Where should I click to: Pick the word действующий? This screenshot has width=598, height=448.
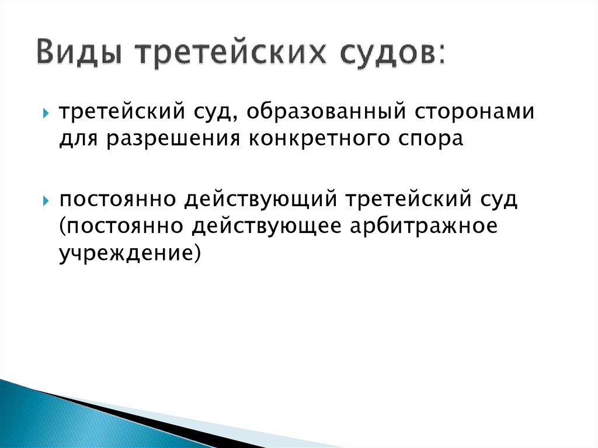262,200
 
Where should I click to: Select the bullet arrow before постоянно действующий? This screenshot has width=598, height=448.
46,200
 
